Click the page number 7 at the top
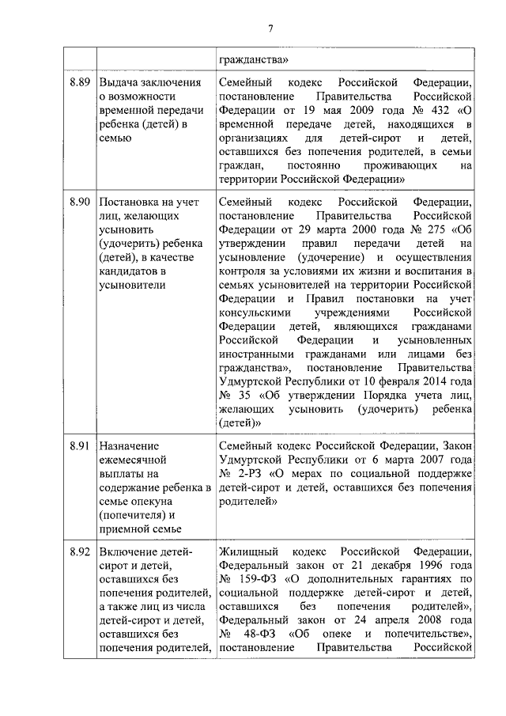pyautogui.click(x=270, y=29)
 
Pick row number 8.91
pyautogui.click(x=80, y=445)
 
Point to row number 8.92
pyautogui.click(x=80, y=551)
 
